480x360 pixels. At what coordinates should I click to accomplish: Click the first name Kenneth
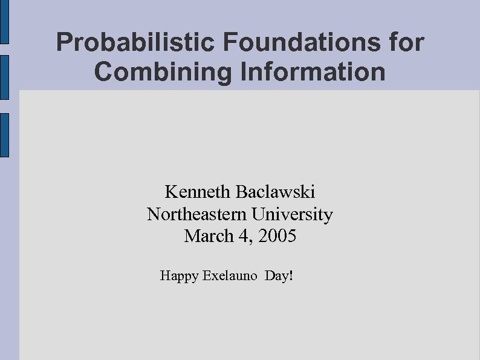tap(198, 192)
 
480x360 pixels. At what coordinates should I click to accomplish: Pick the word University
tap(293, 214)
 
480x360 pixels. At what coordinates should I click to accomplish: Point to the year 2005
tap(277, 236)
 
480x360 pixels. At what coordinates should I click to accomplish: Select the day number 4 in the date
tap(244, 236)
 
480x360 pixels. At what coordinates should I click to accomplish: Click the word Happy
tap(179, 277)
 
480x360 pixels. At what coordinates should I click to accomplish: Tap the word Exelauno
tap(230, 277)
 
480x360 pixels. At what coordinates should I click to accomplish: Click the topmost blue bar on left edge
tap(4, 22)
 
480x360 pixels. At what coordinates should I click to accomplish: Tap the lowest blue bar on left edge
tap(4, 135)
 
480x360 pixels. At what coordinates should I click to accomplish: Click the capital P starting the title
tap(63, 43)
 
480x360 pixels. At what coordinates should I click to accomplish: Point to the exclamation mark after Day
tap(291, 277)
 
